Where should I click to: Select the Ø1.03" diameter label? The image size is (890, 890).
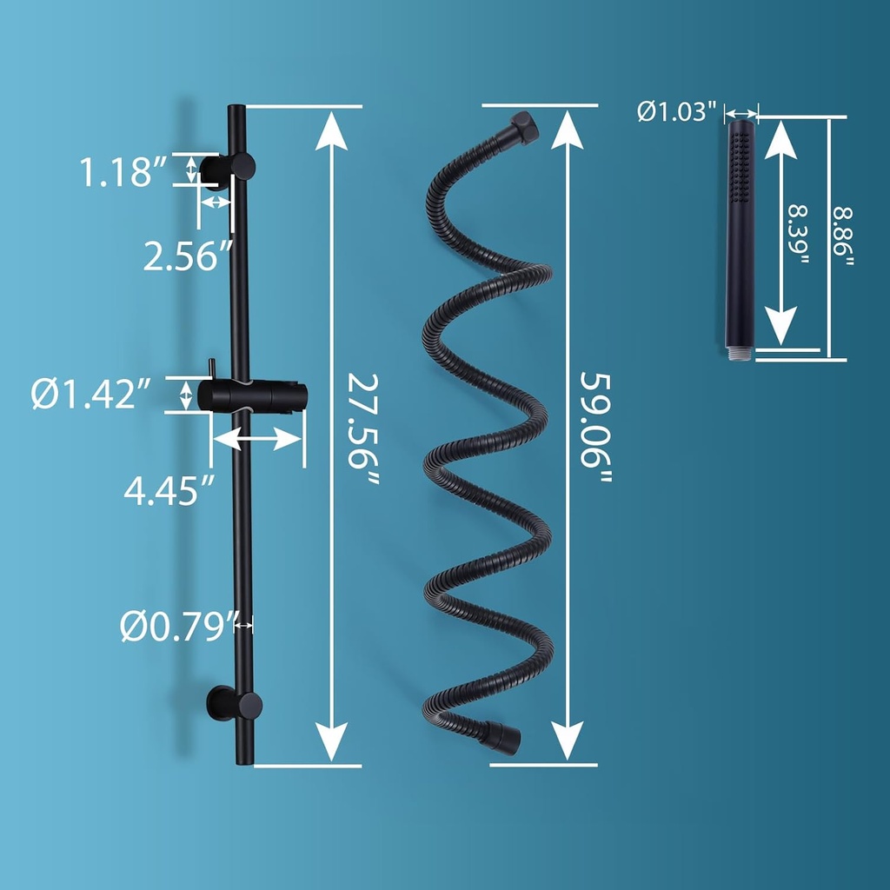click(x=677, y=111)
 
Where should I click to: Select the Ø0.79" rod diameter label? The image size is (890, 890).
click(x=178, y=626)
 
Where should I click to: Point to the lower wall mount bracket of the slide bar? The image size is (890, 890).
click(x=233, y=702)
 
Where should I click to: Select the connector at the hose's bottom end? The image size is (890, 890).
click(x=503, y=736)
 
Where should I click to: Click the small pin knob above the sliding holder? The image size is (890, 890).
click(x=211, y=368)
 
